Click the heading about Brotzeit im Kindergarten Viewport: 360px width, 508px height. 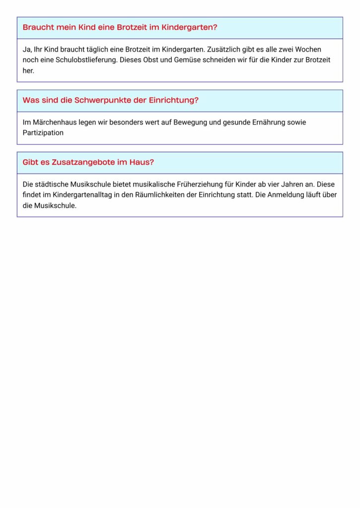point(120,27)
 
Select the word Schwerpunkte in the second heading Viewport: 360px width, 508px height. point(97,100)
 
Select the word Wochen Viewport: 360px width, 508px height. point(322,49)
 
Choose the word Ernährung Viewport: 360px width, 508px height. point(276,122)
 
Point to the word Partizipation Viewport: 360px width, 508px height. point(43,133)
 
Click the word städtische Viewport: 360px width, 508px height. point(51,184)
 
